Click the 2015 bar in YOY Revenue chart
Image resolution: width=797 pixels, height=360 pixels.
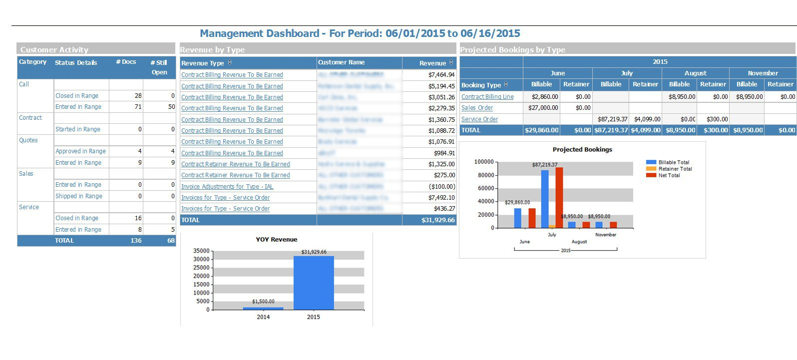314,283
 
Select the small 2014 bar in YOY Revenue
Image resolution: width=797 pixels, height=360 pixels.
263,309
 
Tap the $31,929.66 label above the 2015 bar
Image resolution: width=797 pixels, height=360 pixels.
314,252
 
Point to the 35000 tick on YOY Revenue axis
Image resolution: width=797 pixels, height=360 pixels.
201,251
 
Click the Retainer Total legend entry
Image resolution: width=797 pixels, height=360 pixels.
675,169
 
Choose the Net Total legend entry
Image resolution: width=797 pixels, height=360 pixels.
669,175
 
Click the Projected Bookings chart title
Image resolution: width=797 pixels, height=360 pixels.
582,149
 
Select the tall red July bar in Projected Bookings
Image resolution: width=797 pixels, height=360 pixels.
559,198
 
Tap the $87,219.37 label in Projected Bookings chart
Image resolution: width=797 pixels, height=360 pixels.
544,164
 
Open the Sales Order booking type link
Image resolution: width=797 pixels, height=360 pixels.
477,108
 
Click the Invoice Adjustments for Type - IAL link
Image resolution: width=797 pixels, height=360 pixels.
227,187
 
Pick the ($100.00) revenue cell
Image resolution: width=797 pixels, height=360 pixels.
442,187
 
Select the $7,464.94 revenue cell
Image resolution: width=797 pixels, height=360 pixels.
441,75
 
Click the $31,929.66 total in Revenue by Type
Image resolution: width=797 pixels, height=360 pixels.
438,220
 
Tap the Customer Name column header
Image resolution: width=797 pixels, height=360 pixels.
342,62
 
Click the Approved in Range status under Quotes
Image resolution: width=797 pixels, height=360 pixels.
80,151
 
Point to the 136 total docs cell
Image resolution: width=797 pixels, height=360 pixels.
136,241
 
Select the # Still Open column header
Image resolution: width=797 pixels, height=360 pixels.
159,67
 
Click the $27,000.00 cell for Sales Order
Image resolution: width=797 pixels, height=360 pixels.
543,108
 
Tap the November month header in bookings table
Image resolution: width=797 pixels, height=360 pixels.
763,73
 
